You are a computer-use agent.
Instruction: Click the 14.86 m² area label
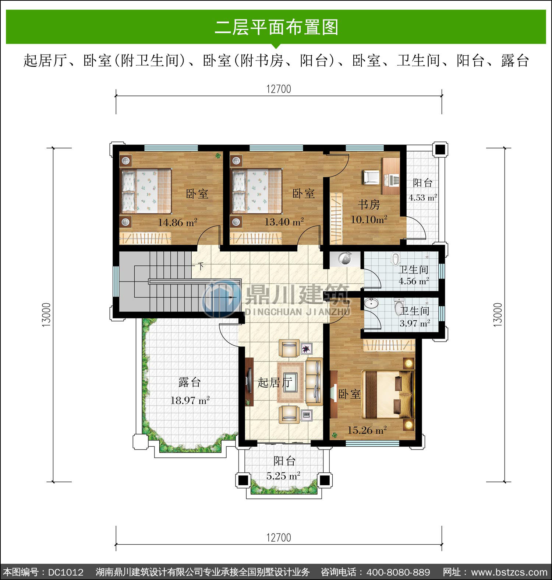178,222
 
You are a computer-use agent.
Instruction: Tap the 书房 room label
369,205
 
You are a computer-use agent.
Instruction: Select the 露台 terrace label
190,382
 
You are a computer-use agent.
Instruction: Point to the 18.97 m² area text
190,400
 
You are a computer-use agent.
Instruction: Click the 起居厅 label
275,382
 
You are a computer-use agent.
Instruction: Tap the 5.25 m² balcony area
283,476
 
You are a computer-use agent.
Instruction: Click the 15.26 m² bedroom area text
367,430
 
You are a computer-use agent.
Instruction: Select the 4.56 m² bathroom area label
414,281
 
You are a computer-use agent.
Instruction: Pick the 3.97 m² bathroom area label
415,324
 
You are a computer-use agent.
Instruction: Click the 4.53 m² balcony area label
423,197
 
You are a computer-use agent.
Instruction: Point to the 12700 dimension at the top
279,89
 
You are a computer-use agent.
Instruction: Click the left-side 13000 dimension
46,315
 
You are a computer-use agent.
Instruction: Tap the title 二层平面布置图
276,27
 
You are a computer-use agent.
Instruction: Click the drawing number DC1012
66,572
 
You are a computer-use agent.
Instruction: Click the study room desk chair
371,177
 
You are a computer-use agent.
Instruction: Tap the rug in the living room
291,382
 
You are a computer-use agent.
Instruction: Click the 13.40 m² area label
284,222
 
